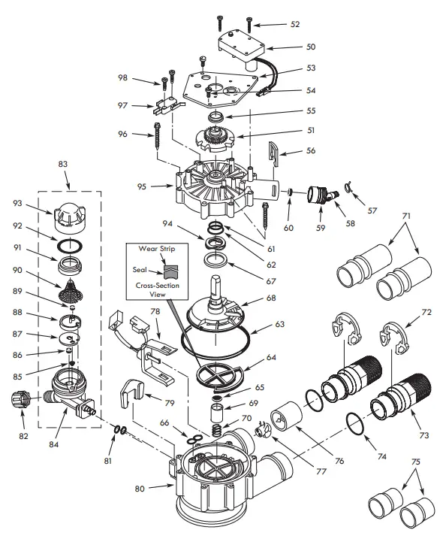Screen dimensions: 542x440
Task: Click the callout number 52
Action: pos(294,25)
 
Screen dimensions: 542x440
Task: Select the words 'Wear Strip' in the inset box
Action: pos(155,248)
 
